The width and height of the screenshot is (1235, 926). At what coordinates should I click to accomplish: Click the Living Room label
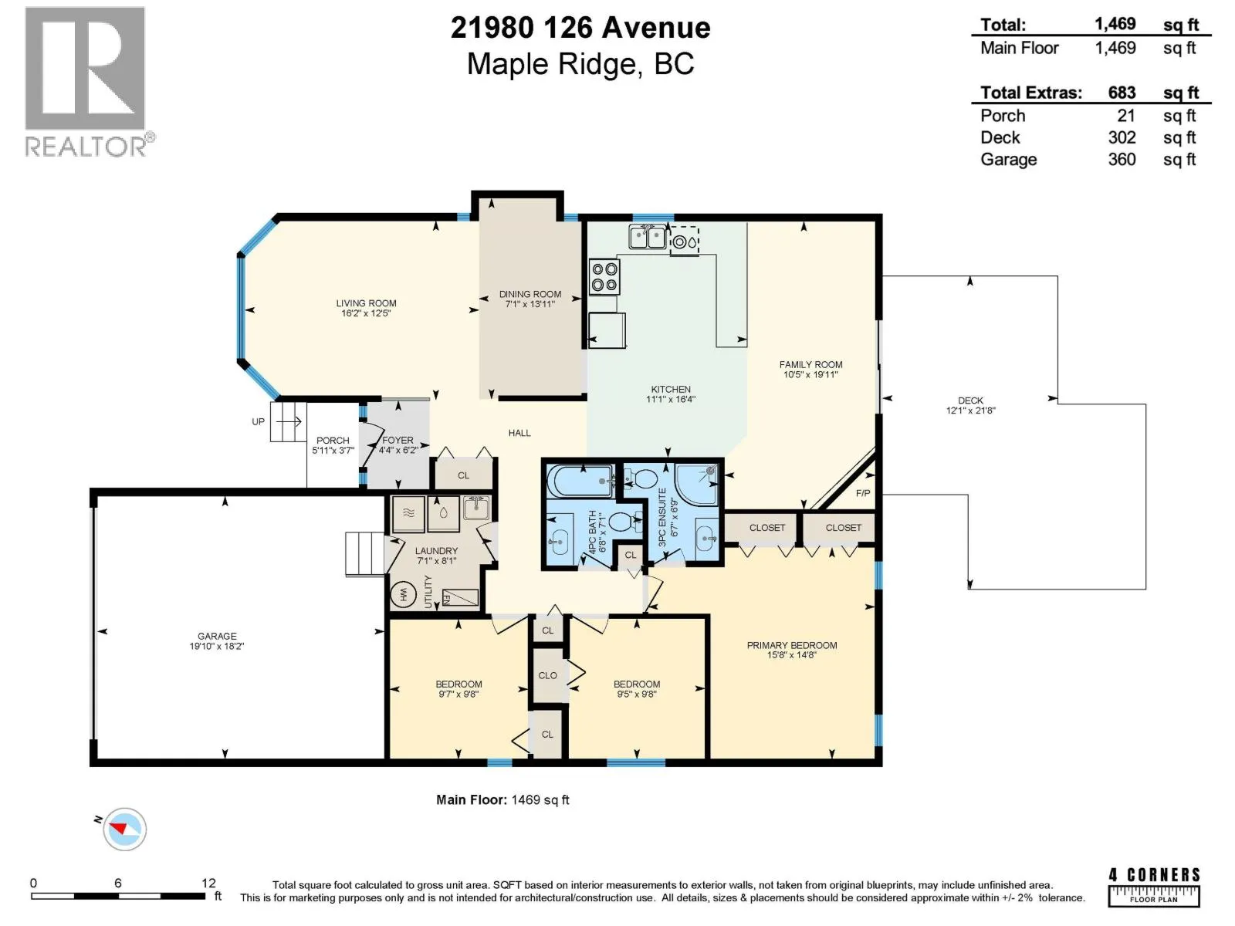[x=366, y=303]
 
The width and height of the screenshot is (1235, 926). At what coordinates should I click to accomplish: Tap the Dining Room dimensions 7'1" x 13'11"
[x=530, y=304]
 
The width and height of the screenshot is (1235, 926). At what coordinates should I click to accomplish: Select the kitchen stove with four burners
[x=604, y=276]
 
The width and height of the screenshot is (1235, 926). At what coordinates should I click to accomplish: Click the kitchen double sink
[x=648, y=237]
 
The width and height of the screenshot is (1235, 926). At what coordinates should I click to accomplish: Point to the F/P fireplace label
[x=862, y=493]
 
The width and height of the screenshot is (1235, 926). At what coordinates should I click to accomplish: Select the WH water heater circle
[x=403, y=594]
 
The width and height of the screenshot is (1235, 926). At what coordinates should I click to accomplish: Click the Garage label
[x=217, y=636]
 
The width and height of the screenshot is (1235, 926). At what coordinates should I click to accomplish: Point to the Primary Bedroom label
[x=792, y=645]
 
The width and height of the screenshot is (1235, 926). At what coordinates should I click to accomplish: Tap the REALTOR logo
[x=89, y=82]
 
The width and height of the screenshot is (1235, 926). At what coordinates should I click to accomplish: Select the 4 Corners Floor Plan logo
[x=1153, y=887]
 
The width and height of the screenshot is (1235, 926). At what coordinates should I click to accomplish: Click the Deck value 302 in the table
[x=1122, y=137]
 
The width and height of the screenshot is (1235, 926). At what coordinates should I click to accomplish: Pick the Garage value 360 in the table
[x=1122, y=159]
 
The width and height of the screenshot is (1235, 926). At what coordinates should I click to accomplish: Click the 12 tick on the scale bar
[x=208, y=883]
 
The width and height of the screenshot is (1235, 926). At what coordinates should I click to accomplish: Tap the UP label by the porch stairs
[x=259, y=421]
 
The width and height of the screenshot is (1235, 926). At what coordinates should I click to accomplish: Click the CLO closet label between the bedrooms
[x=547, y=675]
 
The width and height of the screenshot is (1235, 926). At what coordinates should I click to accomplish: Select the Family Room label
[x=810, y=364]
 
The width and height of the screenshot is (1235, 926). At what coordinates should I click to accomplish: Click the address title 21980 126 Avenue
[x=580, y=28]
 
